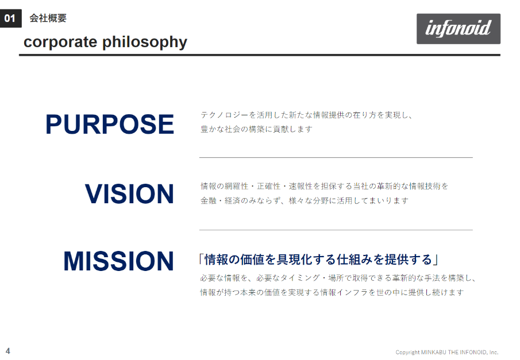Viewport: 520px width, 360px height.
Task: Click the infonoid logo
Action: [x=459, y=29]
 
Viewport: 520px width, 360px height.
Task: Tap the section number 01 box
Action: [x=10, y=18]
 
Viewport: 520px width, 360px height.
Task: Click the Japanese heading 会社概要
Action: [x=48, y=18]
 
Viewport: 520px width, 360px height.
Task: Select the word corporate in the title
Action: [x=60, y=42]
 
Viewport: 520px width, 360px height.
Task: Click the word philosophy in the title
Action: [x=145, y=42]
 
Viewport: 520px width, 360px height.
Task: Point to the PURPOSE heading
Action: [x=110, y=125]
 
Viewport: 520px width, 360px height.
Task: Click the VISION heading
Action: [x=129, y=193]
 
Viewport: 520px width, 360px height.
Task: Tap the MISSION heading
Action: [x=118, y=261]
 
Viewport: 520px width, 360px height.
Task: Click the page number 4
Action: [x=8, y=351]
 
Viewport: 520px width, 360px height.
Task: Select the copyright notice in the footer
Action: [x=446, y=352]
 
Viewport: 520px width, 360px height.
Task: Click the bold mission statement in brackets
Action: [x=319, y=260]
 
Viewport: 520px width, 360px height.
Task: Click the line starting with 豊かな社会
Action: [x=256, y=129]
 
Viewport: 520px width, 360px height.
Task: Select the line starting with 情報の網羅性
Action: [x=324, y=186]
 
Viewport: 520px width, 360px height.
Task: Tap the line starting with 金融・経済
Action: [x=305, y=200]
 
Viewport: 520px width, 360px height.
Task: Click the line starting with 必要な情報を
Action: [x=338, y=278]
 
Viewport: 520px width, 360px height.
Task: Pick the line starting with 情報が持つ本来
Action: [x=332, y=292]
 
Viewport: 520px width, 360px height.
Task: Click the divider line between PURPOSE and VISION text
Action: [x=336, y=157]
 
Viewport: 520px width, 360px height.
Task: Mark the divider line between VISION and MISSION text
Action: [x=336, y=230]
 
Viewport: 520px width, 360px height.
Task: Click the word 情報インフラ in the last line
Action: [x=344, y=292]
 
